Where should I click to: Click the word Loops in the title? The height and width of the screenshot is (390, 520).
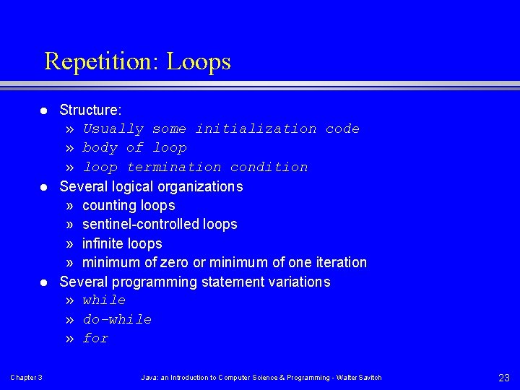click(199, 61)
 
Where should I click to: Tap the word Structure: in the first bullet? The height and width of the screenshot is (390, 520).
click(90, 110)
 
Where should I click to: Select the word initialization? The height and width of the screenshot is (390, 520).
click(256, 129)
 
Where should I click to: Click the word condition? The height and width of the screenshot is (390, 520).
click(269, 167)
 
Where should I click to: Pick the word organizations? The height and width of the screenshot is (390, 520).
click(199, 186)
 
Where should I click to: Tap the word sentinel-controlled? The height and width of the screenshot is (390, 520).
click(141, 225)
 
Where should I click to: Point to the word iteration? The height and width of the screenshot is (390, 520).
click(339, 262)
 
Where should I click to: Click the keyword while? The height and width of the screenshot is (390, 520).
click(104, 300)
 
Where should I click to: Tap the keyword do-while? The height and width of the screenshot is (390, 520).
click(117, 319)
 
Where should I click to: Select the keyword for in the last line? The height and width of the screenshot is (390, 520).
click(95, 338)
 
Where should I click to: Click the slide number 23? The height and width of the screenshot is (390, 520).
click(504, 378)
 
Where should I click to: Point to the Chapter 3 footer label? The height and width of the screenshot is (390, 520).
click(26, 378)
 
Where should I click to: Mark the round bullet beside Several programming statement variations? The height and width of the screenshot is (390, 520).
click(43, 282)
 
